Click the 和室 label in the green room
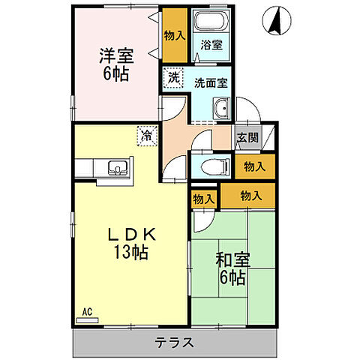pyautogui.click(x=232, y=261)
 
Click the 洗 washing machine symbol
pyautogui.click(x=172, y=76)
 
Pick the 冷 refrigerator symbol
pyautogui.click(x=147, y=136)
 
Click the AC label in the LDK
pyautogui.click(x=87, y=310)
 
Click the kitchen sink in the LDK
pyautogui.click(x=116, y=167)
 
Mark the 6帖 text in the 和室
pyautogui.click(x=232, y=280)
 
